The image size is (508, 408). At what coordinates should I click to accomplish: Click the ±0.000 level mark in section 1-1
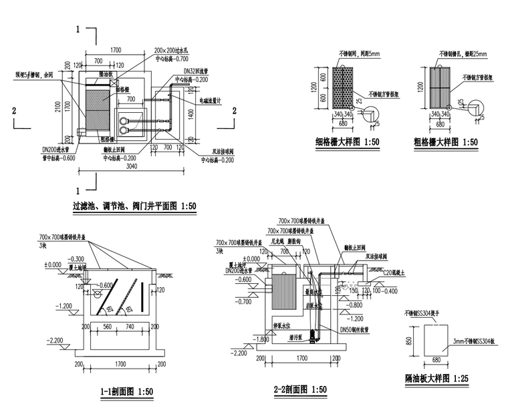point(51,264)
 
